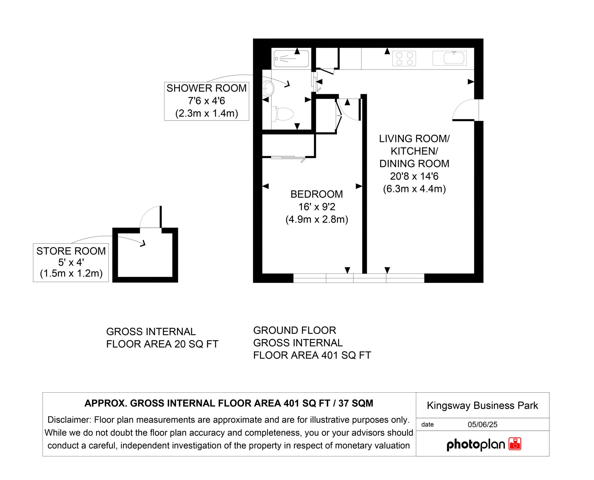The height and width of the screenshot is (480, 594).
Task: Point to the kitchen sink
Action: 449,58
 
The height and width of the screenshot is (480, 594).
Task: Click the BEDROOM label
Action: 316,194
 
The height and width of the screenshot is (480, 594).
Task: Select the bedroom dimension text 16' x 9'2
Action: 317,207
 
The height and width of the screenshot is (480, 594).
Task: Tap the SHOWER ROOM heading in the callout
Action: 207,88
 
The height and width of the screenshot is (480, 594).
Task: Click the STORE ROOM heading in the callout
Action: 71,251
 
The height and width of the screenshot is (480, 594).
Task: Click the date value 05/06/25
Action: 482,425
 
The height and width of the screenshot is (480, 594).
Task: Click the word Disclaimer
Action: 69,419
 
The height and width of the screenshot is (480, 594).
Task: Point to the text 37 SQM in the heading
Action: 356,403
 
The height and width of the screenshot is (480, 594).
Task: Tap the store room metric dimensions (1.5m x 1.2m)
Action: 71,273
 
